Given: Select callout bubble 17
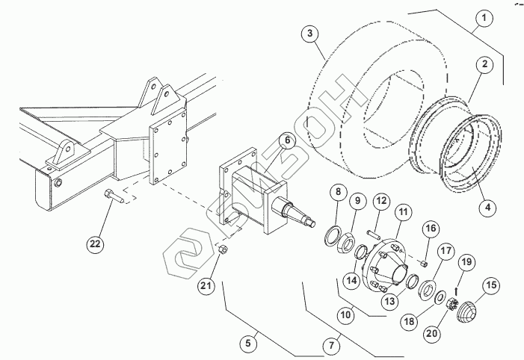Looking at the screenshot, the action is click(446, 251).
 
